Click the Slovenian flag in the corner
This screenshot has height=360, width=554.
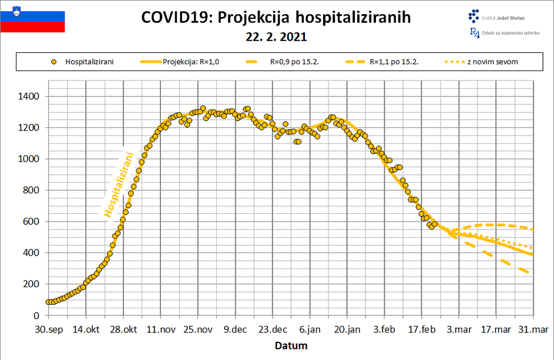tap(32, 17)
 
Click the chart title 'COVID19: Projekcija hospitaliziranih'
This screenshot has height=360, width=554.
tap(276, 18)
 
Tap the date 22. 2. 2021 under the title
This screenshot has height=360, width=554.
tap(276, 37)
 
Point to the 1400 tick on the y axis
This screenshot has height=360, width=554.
tap(29, 96)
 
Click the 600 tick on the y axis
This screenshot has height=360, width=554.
tap(32, 221)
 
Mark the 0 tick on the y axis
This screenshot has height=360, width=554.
tap(36, 315)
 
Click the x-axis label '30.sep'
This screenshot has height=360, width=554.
tap(49, 329)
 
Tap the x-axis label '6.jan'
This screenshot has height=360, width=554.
tap(310, 329)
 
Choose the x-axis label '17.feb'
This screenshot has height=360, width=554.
tap(421, 329)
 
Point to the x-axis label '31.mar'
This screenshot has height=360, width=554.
tap(533, 329)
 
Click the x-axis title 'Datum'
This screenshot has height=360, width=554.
tap(291, 346)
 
